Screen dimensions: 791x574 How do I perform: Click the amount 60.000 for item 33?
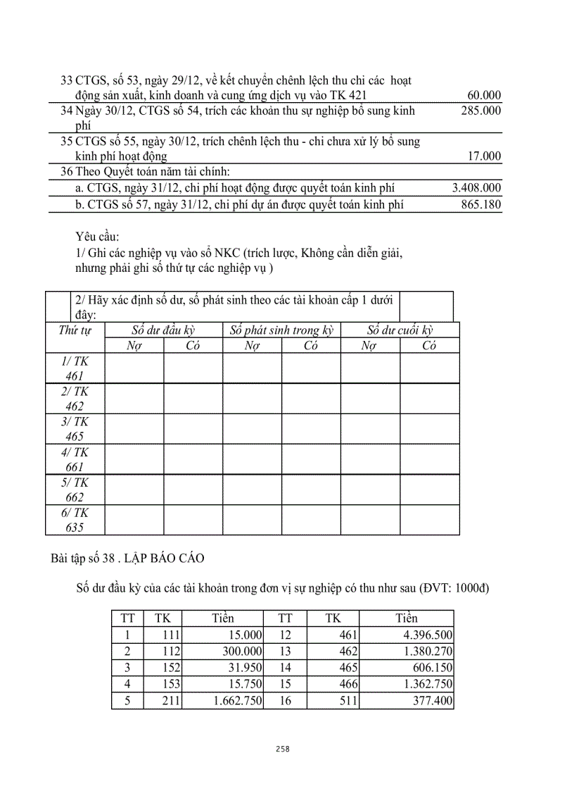(x=484, y=95)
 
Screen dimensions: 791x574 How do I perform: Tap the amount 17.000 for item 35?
(x=484, y=156)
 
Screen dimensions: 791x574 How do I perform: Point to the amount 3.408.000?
(x=476, y=188)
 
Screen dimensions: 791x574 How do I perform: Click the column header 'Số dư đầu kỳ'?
(x=163, y=330)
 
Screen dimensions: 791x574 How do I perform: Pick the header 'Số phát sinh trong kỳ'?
(x=281, y=330)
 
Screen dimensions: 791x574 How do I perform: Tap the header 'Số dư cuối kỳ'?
(x=400, y=330)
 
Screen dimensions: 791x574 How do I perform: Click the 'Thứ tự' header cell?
(x=75, y=330)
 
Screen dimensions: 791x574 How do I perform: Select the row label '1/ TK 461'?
(x=75, y=368)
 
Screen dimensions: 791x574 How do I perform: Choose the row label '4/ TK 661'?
(x=75, y=459)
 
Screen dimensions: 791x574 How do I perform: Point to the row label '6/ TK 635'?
(x=75, y=520)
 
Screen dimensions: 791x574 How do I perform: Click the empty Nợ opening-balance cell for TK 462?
(x=134, y=399)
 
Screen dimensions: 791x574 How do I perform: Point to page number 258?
(x=283, y=749)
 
